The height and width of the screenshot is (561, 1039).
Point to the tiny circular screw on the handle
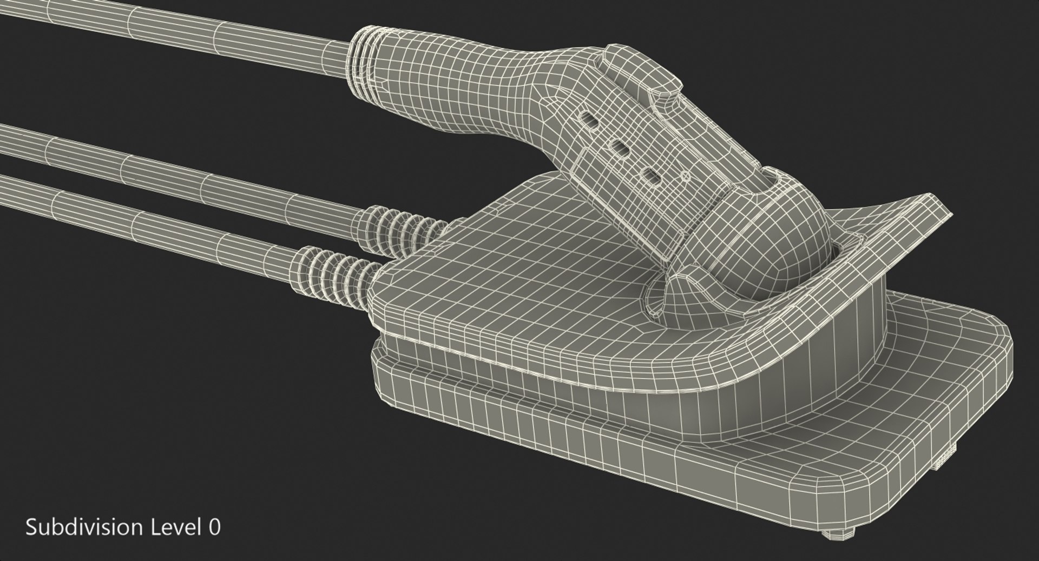[685, 176]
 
